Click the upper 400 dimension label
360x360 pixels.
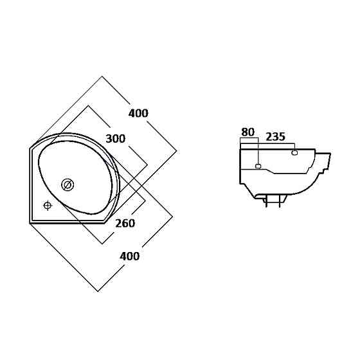tap(138, 113)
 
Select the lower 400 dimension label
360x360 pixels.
tap(129, 256)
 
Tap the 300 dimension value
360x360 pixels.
tap(116, 139)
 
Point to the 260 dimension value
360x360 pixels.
tap(125, 223)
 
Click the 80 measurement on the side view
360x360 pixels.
tap(248, 132)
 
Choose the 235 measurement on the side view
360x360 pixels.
tap(276, 136)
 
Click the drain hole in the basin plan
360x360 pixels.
tap(67, 185)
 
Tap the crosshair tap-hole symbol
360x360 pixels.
tap(48, 206)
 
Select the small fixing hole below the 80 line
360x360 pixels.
tap(258, 166)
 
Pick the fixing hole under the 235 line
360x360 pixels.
tap(294, 152)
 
